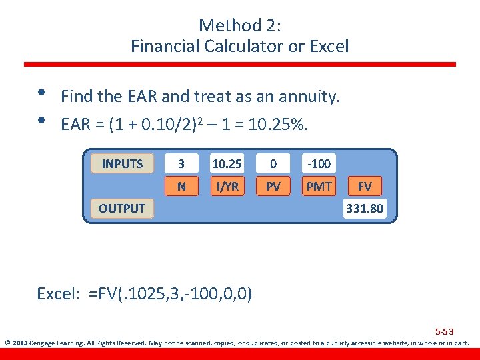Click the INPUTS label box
(122, 163)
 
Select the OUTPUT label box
(121, 208)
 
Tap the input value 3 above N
(182, 163)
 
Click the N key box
(182, 187)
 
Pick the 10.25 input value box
(227, 163)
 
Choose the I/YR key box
(227, 187)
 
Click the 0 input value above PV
(273, 163)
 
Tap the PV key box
(273, 187)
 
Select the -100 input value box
(319, 163)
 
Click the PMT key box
(319, 187)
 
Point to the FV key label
(365, 187)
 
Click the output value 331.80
(364, 209)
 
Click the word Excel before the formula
(58, 294)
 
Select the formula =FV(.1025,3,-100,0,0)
(170, 294)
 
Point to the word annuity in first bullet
(313, 97)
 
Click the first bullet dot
(41, 93)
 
